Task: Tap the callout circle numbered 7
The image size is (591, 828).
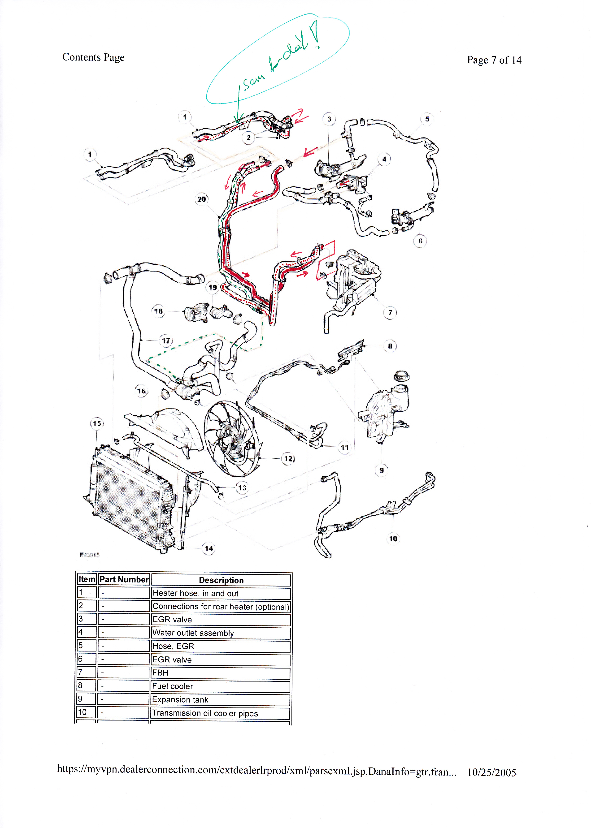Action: pos(390,312)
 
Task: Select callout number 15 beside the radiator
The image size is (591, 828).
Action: pos(97,423)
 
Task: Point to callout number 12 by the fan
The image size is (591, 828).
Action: pos(288,458)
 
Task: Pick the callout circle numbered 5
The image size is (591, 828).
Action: pos(427,119)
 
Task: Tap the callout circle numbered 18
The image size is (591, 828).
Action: pos(159,311)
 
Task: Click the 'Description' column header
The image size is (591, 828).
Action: pos(221,580)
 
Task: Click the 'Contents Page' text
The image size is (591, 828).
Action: pos(94,57)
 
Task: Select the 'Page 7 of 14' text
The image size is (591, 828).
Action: pos(494,60)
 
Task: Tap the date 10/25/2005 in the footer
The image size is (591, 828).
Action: pos(492,772)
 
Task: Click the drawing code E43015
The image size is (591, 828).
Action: pos(90,555)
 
